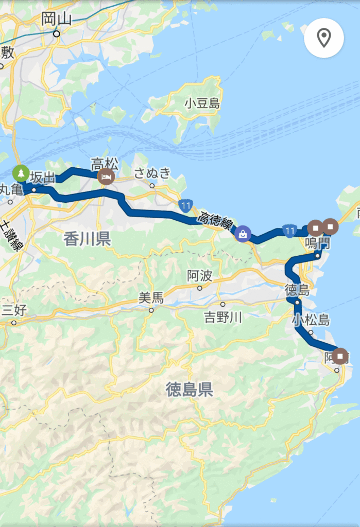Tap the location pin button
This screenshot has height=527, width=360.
(x=323, y=38)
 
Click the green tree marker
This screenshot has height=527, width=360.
(x=21, y=173)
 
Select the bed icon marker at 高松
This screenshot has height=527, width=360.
(x=107, y=176)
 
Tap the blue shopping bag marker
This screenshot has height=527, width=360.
(x=242, y=234)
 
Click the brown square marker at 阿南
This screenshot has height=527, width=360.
(x=340, y=356)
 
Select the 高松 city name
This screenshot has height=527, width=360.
(x=105, y=164)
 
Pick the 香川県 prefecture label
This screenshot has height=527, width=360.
(x=87, y=239)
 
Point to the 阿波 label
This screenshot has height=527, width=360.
(x=199, y=276)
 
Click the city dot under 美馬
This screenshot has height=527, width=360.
(x=151, y=310)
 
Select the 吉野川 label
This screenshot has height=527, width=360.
(x=222, y=317)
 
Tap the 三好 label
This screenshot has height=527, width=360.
(x=14, y=310)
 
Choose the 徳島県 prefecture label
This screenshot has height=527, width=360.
(x=189, y=390)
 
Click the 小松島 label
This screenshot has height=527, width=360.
(x=310, y=320)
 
